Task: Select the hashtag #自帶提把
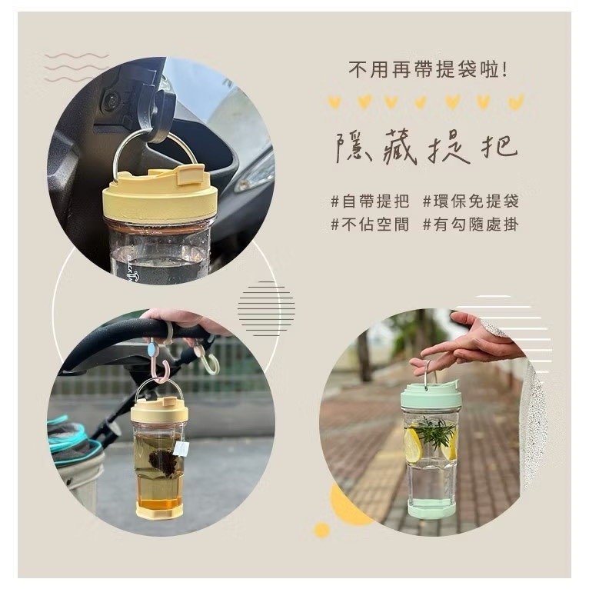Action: pos(370,201)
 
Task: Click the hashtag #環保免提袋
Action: pos(471,201)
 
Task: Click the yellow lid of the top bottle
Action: pos(158,197)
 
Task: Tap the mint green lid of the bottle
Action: pos(430,396)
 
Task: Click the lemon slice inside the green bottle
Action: pos(413,445)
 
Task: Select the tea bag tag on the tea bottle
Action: pos(181,448)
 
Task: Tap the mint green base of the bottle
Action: pos(430,507)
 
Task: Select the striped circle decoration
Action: pos(265,308)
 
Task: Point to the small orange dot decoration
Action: pos(322,529)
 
